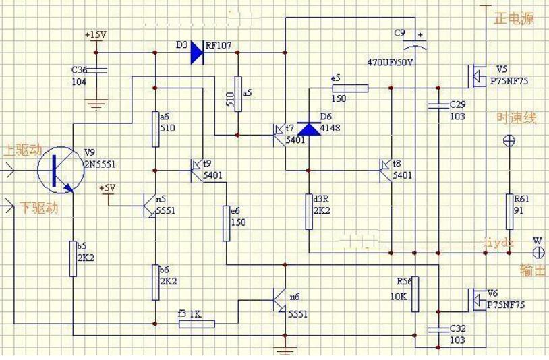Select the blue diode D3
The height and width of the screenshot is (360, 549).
197,53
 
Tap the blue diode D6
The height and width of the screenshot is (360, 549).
308,128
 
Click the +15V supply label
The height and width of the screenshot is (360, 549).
95,34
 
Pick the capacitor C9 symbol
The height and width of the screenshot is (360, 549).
415,46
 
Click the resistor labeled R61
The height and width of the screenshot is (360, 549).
510,212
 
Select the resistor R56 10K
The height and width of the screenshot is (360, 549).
415,293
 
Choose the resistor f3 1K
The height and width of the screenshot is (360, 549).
196,324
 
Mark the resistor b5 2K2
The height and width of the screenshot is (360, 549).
73,258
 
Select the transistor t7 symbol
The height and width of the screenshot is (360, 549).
279,132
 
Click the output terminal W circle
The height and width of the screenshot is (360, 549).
539,253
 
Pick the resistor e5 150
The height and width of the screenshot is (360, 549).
351,88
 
